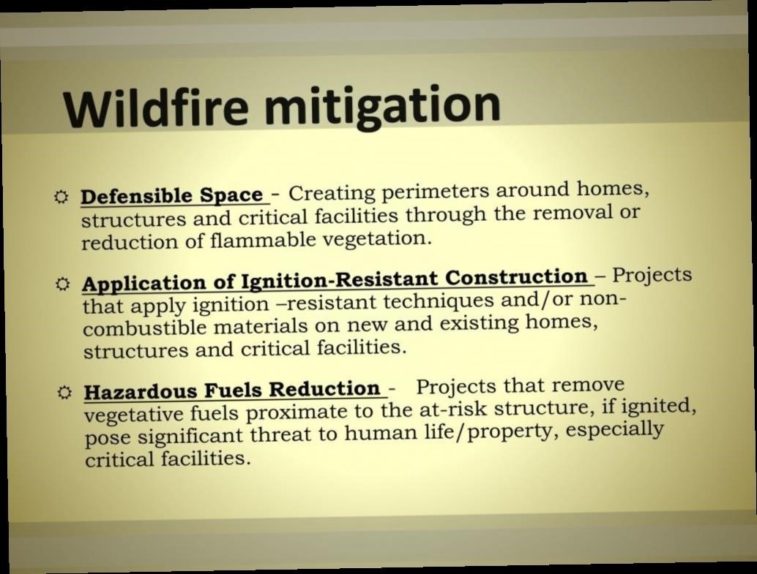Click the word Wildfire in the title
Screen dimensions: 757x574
coord(155,107)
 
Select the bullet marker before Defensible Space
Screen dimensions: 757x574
coord(61,197)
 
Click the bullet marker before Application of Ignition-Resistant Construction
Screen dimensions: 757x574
coord(63,284)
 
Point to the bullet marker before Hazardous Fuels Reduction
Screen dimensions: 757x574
coord(64,393)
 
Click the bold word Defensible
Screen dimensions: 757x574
coord(137,196)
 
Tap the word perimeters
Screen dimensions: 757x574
coord(436,192)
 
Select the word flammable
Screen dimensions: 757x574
coord(263,239)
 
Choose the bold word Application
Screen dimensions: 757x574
coord(144,284)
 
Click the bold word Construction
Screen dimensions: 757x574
coord(516,277)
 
